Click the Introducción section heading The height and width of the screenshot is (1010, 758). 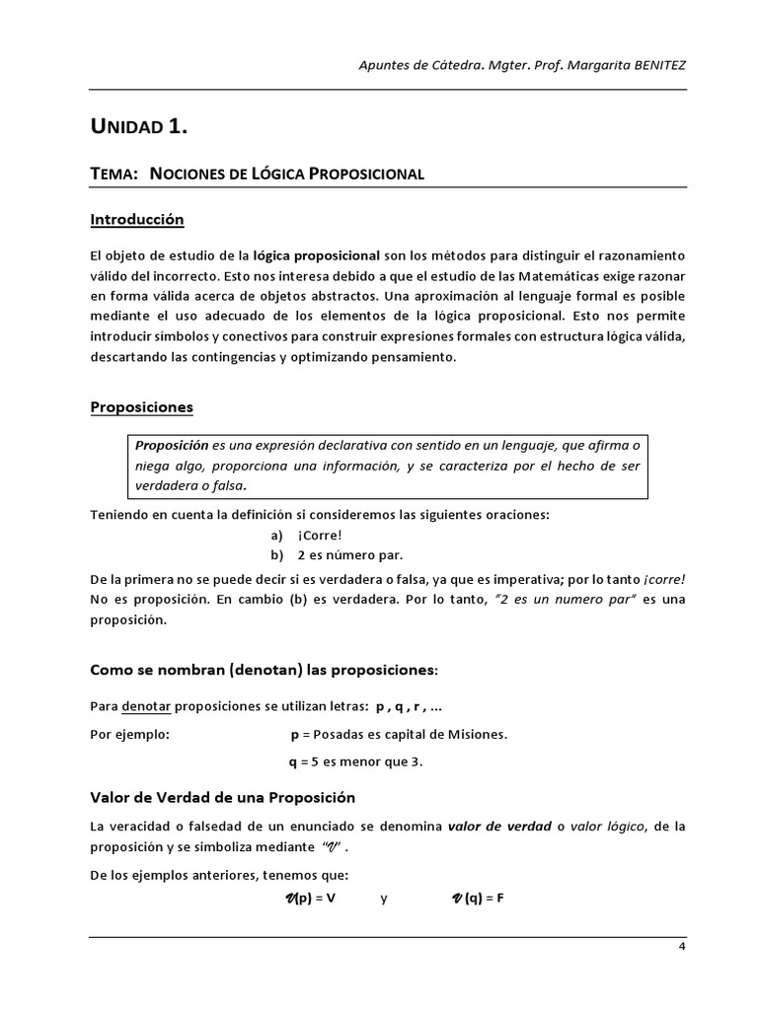coord(136,219)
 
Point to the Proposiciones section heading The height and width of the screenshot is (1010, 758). coord(141,406)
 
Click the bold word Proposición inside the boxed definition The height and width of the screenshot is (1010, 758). coord(173,445)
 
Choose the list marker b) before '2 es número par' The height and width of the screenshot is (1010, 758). coord(276,555)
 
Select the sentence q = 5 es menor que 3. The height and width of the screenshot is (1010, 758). coord(355,762)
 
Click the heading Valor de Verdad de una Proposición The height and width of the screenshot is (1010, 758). coord(222,797)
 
